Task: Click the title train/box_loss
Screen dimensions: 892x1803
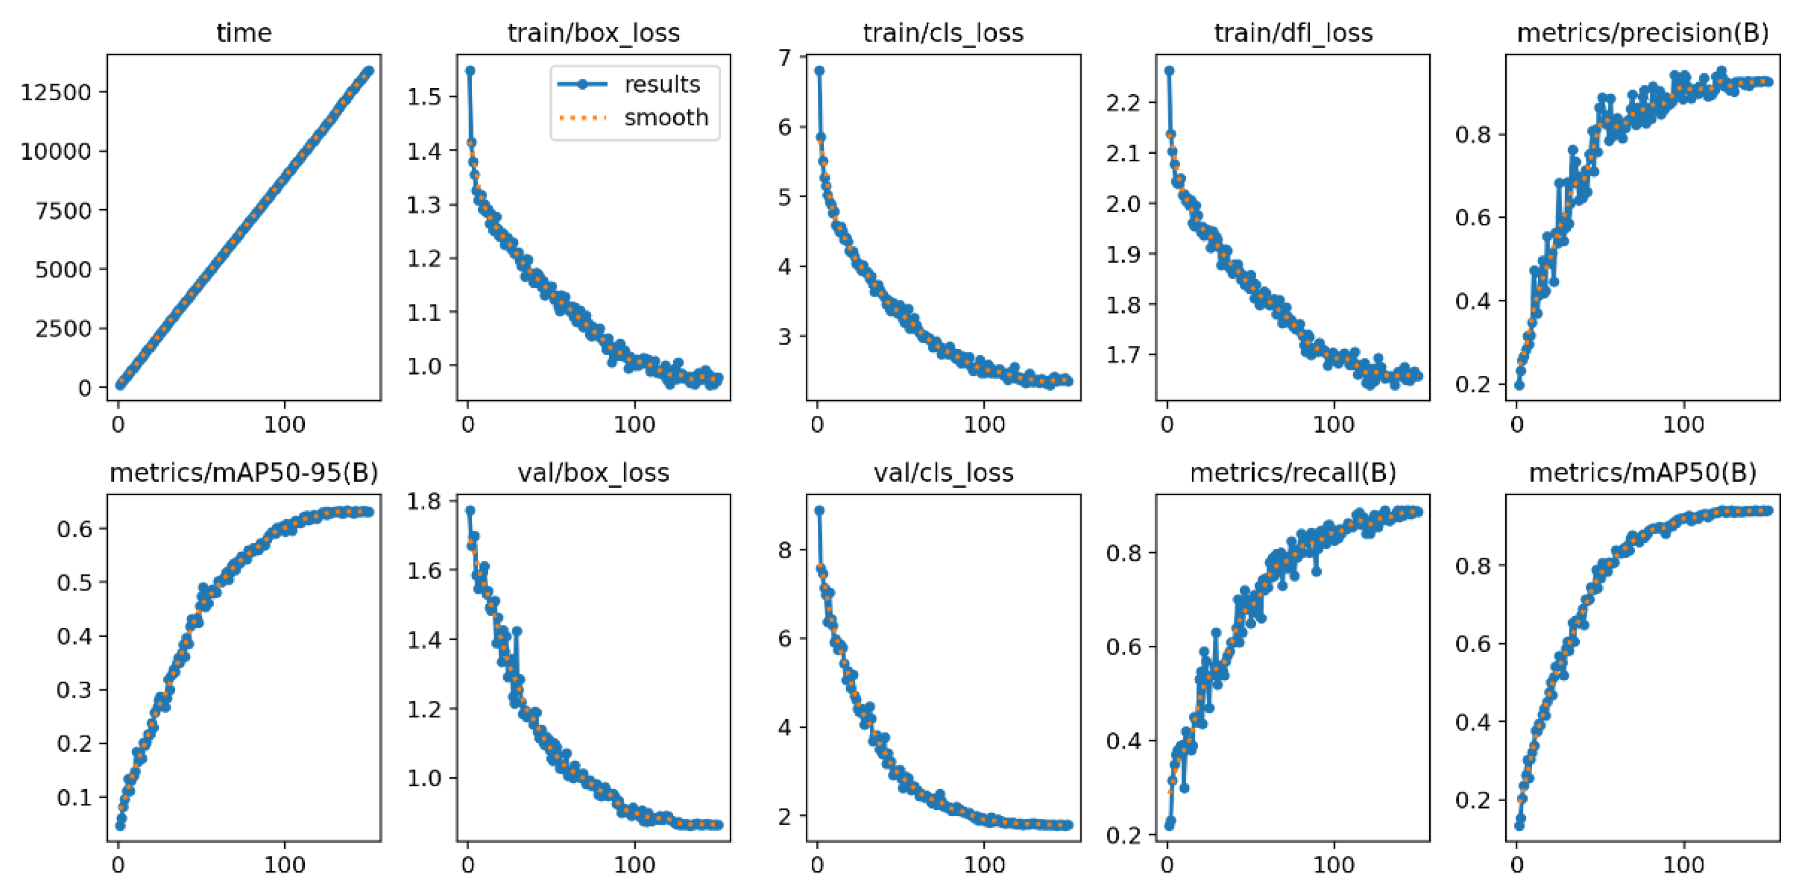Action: tap(593, 33)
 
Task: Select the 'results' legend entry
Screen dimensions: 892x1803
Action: tap(661, 85)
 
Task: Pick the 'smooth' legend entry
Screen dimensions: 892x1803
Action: tap(666, 118)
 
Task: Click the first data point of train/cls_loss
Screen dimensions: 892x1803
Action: tap(819, 71)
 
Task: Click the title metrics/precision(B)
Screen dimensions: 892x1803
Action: tap(1642, 33)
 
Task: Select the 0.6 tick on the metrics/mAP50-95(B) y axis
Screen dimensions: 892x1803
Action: tap(74, 528)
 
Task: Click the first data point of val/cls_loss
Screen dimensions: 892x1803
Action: tap(819, 511)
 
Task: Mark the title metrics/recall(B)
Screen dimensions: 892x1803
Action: tap(1293, 473)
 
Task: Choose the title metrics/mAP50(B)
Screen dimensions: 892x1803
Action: tap(1642, 473)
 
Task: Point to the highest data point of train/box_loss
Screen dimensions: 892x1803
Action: tap(470, 71)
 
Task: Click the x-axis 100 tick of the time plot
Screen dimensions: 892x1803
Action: tap(284, 424)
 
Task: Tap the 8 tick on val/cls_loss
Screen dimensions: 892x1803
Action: tap(784, 550)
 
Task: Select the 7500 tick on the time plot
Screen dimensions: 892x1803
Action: tap(63, 211)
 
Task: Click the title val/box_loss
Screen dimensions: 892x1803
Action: tap(593, 473)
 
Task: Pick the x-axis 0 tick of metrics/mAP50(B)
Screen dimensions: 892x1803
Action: tap(1517, 865)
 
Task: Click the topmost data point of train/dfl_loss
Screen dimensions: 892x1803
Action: tap(1169, 71)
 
